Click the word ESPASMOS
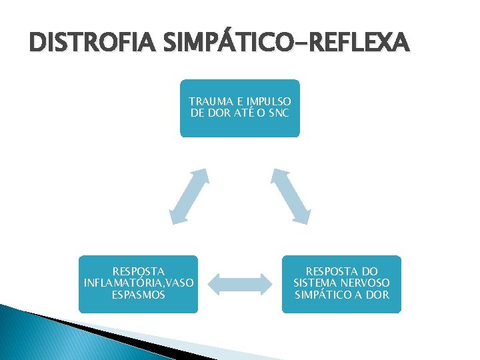pyautogui.click(x=139, y=294)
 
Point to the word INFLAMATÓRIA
pyautogui.click(x=119, y=283)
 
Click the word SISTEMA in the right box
pyautogui.click(x=315, y=283)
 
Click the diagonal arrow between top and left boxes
pyautogui.click(x=189, y=195)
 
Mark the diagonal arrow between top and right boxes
pyautogui.click(x=291, y=195)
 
